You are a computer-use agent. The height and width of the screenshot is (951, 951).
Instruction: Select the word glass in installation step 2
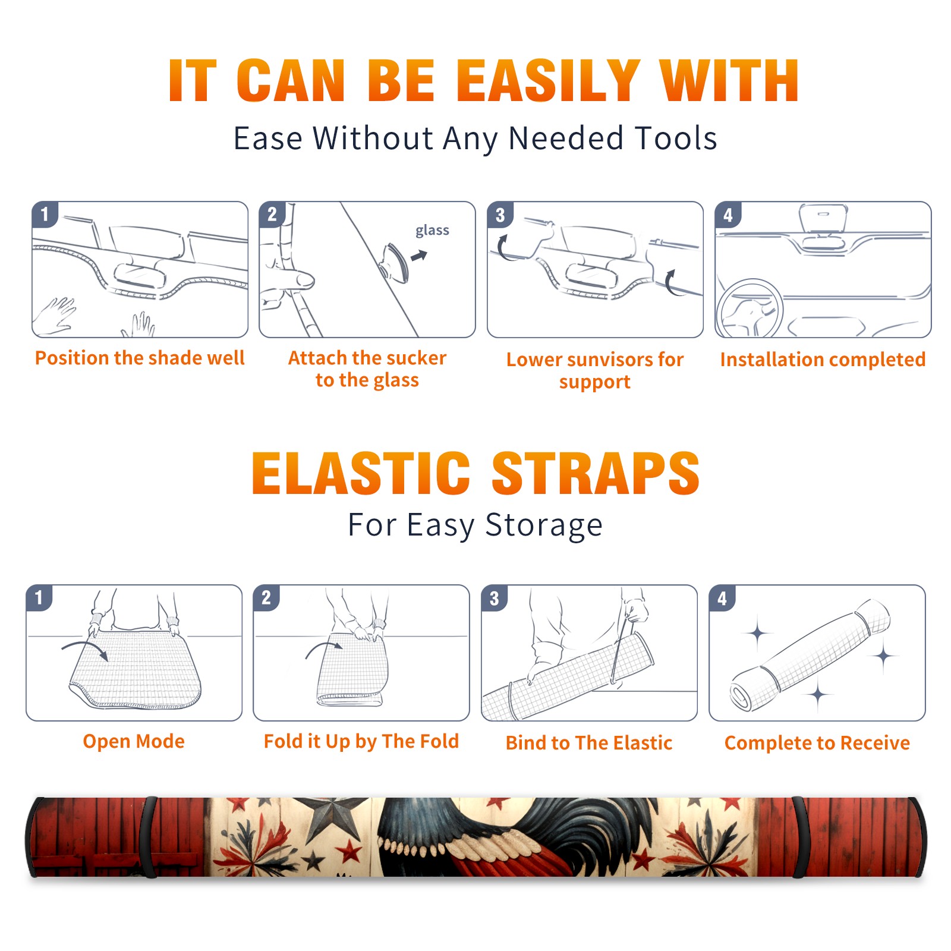click(432, 230)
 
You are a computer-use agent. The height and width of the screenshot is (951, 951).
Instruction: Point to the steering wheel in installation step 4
click(749, 308)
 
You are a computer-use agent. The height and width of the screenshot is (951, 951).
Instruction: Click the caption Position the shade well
click(140, 358)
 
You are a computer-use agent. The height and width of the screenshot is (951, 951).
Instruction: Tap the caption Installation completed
click(823, 359)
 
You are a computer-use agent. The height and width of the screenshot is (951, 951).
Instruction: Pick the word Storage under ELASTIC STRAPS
click(544, 525)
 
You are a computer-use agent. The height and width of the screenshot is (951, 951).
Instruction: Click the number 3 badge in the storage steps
click(495, 598)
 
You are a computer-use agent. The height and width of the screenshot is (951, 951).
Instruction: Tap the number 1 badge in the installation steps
click(45, 214)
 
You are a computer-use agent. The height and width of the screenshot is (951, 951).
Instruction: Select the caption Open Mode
click(134, 741)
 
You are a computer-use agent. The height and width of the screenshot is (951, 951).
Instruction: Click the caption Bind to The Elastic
click(589, 742)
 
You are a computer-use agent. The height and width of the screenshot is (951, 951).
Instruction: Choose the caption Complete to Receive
click(817, 742)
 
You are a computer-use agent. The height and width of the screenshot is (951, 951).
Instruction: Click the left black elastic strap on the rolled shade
click(149, 837)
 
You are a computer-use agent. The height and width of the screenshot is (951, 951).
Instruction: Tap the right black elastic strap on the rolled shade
click(798, 837)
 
